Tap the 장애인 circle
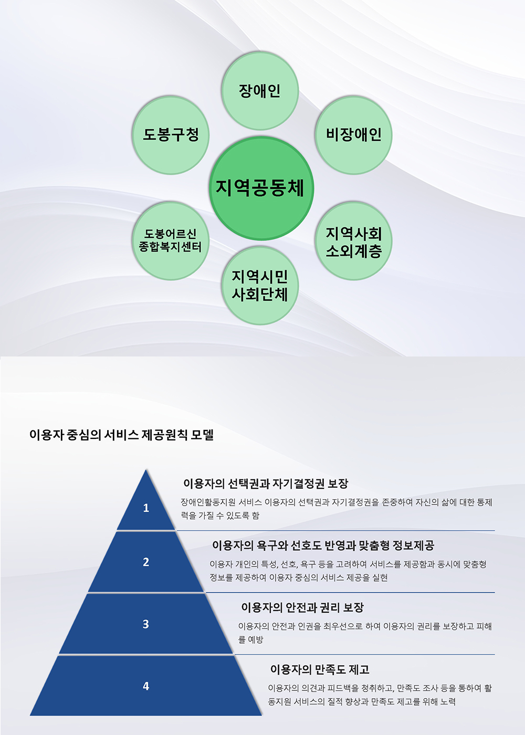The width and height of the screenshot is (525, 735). coord(260,91)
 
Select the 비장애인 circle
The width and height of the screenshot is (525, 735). coord(353,135)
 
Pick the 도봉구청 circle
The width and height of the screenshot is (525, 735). coord(171,135)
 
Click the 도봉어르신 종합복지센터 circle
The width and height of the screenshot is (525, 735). coord(170,241)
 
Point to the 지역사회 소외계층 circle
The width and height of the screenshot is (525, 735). coord(353,242)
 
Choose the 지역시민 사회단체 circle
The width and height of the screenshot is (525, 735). coord(260,286)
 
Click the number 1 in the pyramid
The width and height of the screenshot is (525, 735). coord(146,508)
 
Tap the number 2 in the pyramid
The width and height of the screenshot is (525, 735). coord(146,562)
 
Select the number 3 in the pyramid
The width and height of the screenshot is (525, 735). coord(146,624)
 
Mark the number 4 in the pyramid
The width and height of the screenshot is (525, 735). coord(146,686)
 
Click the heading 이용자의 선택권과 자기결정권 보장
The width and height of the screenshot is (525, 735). coord(266,484)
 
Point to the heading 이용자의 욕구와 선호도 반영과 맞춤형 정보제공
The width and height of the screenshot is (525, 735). coord(323,545)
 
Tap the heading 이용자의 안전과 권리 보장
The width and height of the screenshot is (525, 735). coord(302,607)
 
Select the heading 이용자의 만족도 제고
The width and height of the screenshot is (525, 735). coord(320,669)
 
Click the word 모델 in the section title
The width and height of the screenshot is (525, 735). coord(203,435)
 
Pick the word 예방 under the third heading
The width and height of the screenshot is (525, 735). coord(256,639)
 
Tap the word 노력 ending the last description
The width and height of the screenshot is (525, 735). coord(448,701)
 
